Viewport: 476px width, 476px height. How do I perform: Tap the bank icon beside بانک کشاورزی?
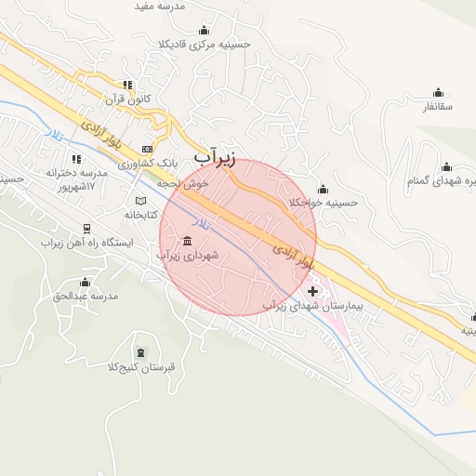point(147,149)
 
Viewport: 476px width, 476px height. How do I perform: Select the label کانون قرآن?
point(127,98)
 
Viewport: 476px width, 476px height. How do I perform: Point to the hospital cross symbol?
point(312,291)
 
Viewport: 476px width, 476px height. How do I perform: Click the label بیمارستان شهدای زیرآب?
point(311,305)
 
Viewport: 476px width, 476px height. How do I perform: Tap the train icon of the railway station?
point(86,228)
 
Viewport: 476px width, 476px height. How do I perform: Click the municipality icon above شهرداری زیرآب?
point(188,241)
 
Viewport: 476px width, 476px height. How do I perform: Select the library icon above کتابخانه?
point(140,201)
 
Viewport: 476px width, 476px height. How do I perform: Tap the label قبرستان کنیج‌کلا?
point(141,366)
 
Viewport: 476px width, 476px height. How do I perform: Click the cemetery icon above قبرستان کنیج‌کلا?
point(140,352)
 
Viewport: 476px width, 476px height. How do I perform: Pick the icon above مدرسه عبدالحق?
point(86,282)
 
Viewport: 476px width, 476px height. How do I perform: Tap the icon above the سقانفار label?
point(438,92)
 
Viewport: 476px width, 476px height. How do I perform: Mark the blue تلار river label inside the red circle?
point(202,225)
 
